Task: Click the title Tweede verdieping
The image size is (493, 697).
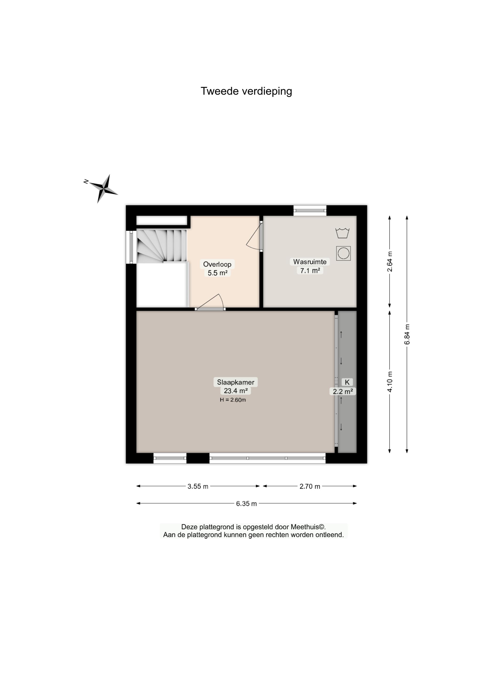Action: [246, 91]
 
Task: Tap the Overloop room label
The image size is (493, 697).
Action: [217, 264]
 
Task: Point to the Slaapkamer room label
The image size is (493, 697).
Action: [235, 382]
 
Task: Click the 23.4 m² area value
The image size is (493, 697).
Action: [235, 391]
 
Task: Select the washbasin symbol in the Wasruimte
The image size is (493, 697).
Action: [343, 233]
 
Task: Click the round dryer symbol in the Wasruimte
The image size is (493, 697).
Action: [343, 253]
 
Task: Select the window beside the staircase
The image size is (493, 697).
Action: [131, 247]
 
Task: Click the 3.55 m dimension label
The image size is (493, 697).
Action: [198, 486]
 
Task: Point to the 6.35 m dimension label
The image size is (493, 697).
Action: [247, 503]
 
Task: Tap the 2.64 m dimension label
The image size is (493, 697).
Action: [390, 261]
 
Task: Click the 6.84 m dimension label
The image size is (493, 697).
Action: [407, 334]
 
